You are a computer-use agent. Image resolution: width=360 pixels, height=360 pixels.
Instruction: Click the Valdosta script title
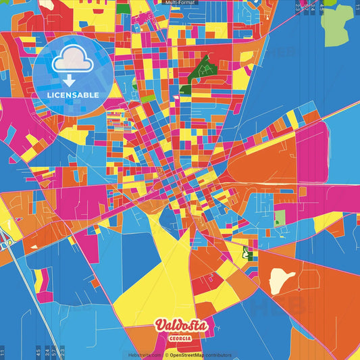click(x=182, y=326)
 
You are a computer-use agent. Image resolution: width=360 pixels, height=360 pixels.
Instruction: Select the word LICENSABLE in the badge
click(x=72, y=95)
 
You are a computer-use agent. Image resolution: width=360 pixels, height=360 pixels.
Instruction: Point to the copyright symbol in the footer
click(x=166, y=355)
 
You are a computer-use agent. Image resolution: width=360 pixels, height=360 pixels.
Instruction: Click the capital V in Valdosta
click(x=161, y=326)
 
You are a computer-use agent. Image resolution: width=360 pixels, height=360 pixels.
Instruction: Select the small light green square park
click(x=280, y=218)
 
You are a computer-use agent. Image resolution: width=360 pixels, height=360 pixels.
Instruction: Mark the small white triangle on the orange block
click(x=32, y=247)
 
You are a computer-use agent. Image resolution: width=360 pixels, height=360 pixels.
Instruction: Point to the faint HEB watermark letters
click(x=270, y=305)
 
